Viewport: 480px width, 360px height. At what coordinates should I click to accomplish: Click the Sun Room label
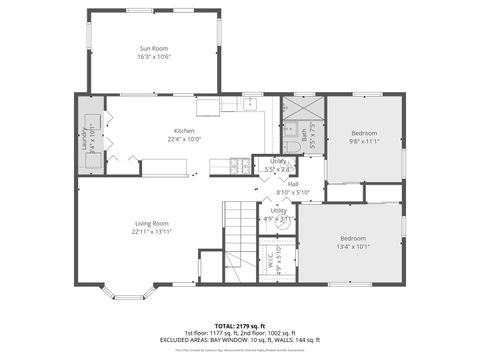(x=152, y=47)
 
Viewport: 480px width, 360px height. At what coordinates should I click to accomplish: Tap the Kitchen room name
(x=185, y=131)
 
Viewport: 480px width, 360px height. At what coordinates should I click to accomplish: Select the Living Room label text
(x=152, y=223)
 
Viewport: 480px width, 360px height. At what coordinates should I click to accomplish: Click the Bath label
(x=304, y=132)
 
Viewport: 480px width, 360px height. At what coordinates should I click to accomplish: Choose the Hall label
(x=293, y=184)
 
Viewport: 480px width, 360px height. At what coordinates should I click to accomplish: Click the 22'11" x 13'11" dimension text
(x=152, y=232)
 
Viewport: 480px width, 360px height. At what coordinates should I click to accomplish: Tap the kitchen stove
(x=241, y=165)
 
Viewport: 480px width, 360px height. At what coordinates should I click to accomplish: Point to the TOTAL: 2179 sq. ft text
(x=240, y=326)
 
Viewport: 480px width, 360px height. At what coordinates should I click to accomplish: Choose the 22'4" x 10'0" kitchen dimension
(x=185, y=140)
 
